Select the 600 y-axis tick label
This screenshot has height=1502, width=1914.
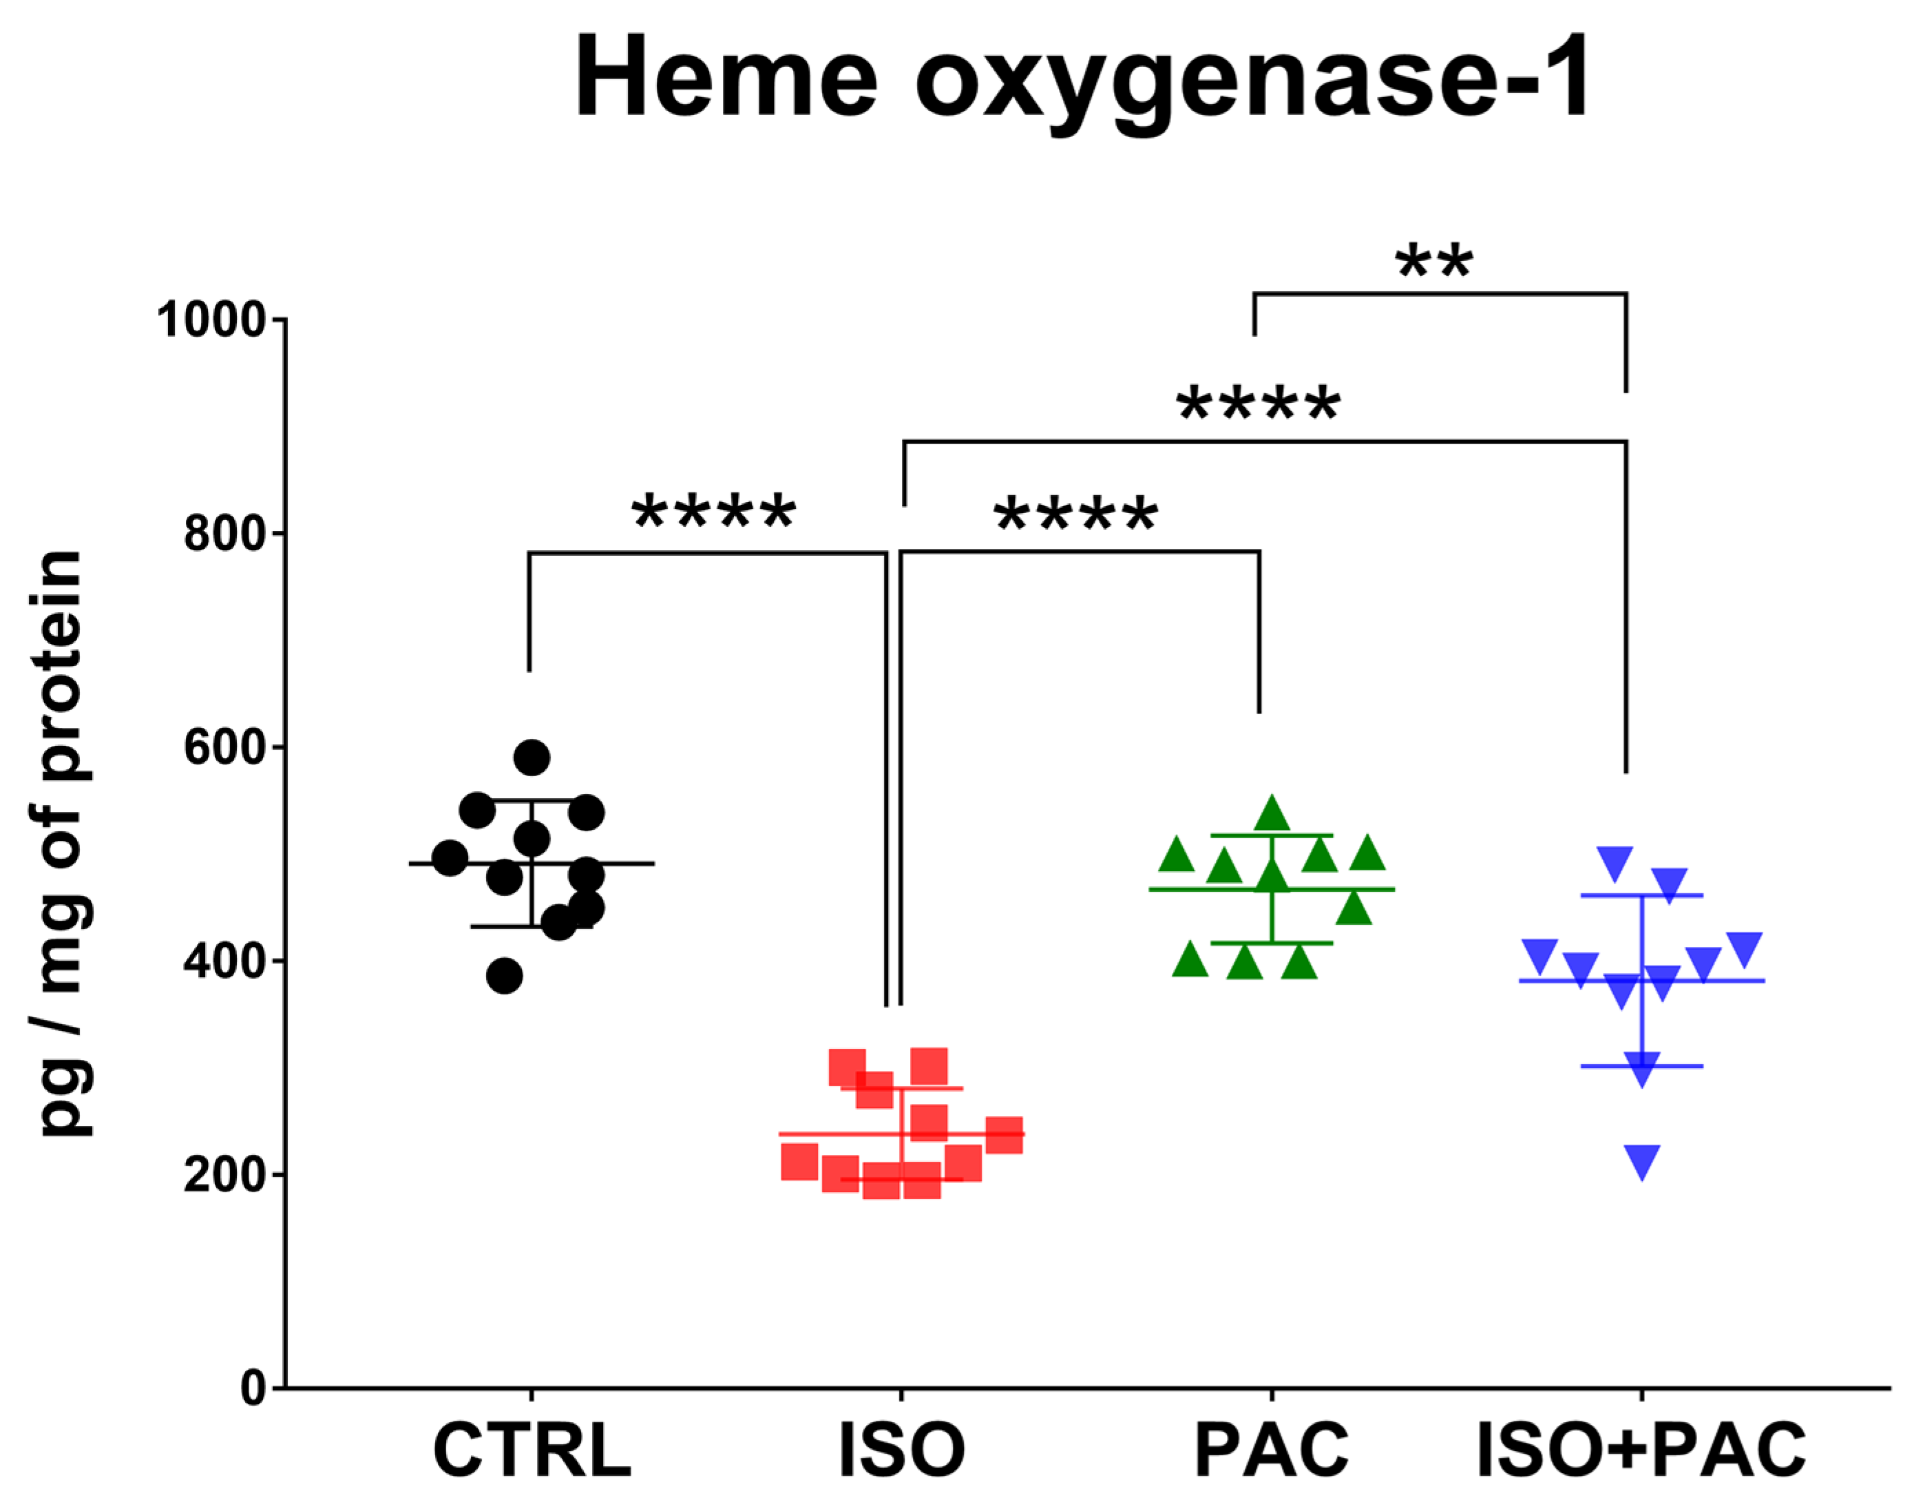pos(225,747)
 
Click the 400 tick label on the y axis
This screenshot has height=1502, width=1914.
pos(225,960)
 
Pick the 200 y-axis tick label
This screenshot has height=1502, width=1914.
pos(225,1174)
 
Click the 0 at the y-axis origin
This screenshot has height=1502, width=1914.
pos(254,1388)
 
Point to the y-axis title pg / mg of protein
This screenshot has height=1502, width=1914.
pos(61,844)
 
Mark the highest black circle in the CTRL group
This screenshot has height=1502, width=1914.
pos(532,757)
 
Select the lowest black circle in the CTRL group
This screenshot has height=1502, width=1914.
pos(504,975)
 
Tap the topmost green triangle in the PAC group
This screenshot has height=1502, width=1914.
pos(1272,814)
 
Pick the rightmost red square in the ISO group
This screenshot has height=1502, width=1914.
pos(1004,1134)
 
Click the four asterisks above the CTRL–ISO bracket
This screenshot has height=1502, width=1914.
pos(714,512)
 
